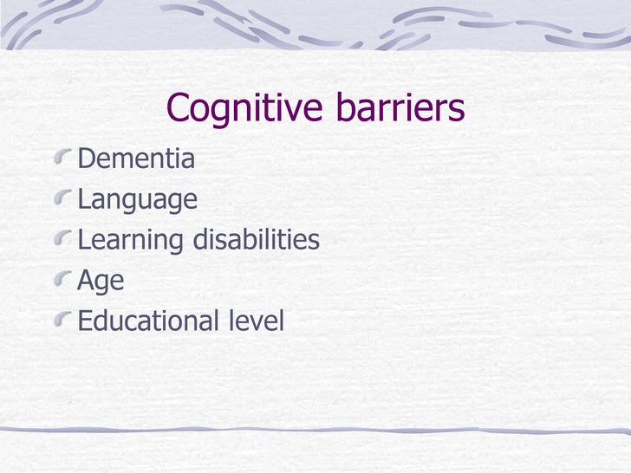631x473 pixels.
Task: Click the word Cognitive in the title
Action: point(237,108)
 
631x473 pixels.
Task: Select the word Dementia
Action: point(136,159)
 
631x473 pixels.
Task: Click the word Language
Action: point(137,200)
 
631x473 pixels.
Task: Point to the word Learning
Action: point(131,240)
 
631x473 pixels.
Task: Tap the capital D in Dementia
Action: point(86,159)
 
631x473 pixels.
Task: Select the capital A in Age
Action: point(86,280)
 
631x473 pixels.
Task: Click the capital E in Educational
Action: point(85,321)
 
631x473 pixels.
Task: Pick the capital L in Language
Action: point(84,199)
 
